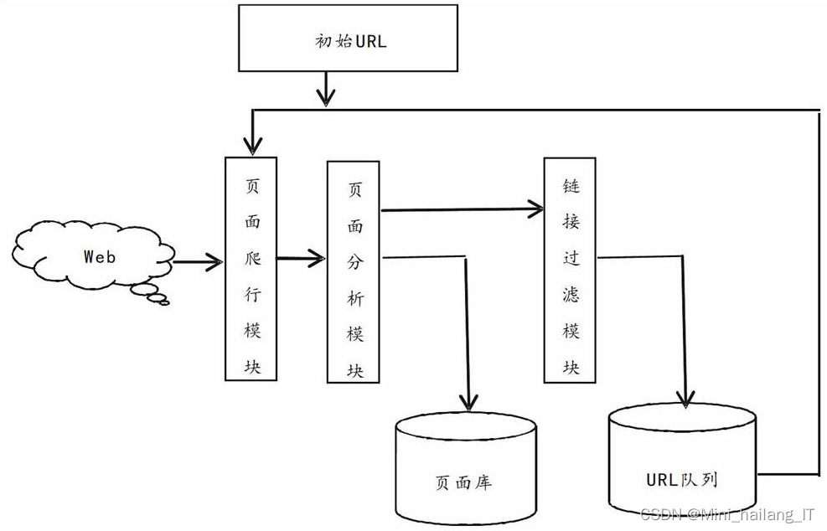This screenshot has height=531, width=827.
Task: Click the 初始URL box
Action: (x=347, y=39)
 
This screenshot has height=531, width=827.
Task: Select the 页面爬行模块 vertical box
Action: (x=251, y=268)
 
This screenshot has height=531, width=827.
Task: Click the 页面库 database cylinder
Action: (x=465, y=469)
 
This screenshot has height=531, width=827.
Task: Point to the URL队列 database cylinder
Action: (x=682, y=461)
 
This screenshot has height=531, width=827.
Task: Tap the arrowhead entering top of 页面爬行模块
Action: (x=249, y=144)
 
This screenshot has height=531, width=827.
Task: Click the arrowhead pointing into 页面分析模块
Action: (x=317, y=259)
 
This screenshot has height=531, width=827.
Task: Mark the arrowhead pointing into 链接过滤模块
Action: (x=534, y=208)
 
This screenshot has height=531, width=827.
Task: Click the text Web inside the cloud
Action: (x=99, y=257)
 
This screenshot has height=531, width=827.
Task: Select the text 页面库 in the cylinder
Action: (x=463, y=482)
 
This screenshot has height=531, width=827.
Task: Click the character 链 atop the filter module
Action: (x=571, y=184)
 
